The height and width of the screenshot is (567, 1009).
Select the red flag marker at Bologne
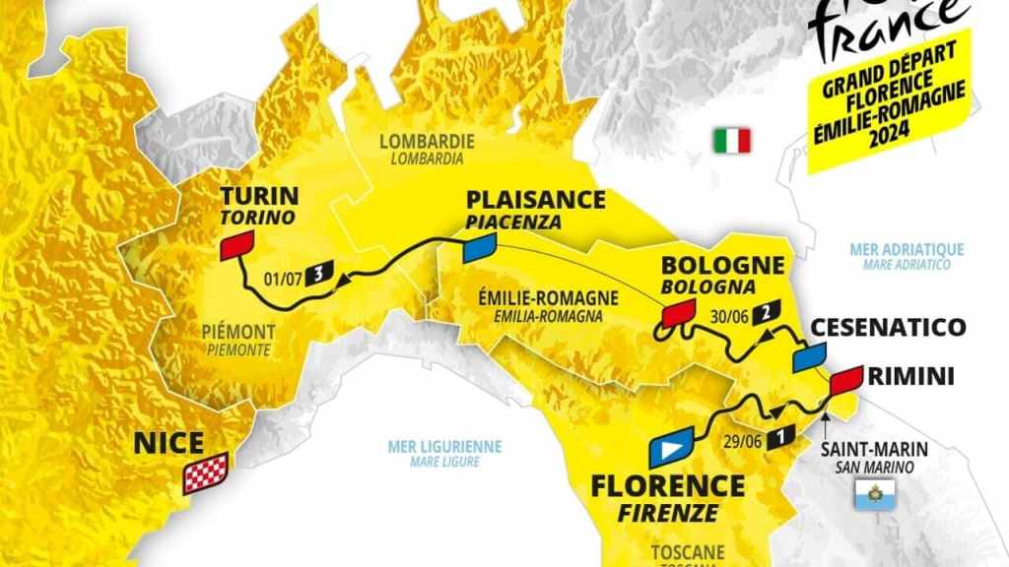(677, 314)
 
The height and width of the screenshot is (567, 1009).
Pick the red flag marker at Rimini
(844, 381)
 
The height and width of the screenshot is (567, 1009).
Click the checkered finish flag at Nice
(207, 472)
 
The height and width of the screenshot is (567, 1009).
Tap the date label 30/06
(729, 315)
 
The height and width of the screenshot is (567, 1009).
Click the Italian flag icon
(732, 140)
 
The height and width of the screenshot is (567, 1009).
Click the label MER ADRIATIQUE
(907, 250)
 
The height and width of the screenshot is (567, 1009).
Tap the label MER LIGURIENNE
(444, 446)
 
